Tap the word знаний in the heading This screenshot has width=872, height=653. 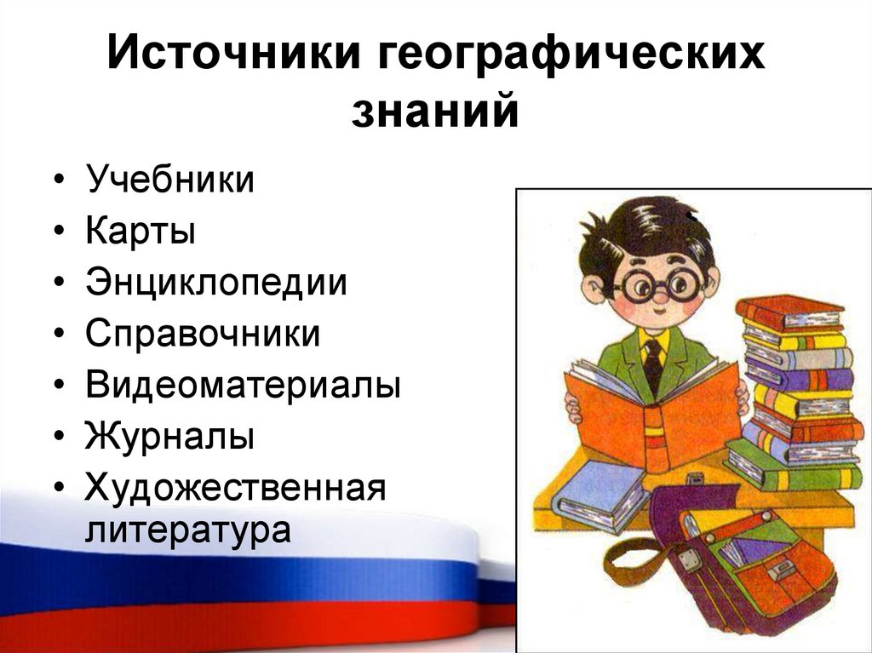pyautogui.click(x=434, y=112)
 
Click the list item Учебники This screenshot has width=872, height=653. pyautogui.click(x=169, y=180)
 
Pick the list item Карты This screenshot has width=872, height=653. pyautogui.click(x=140, y=232)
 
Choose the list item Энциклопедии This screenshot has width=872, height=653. pyautogui.click(x=216, y=284)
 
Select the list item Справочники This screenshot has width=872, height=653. pyautogui.click(x=203, y=335)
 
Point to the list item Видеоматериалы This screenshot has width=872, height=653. pyautogui.click(x=243, y=386)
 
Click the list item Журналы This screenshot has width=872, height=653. pyautogui.click(x=169, y=438)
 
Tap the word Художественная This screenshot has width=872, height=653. pyautogui.click(x=236, y=489)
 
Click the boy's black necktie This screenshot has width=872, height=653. pyautogui.click(x=653, y=363)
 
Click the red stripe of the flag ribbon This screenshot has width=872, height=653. pyautogui.click(x=213, y=626)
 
